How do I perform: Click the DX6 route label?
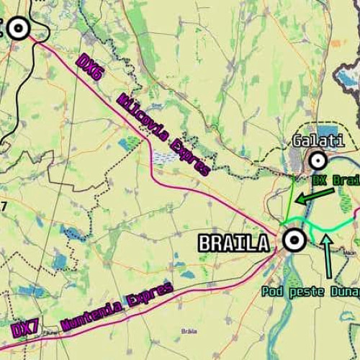[x=91, y=66]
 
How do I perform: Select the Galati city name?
[x=318, y=140]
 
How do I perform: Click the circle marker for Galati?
[x=316, y=160]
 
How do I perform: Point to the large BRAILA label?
[x=233, y=243]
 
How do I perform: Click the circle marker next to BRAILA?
[x=293, y=240]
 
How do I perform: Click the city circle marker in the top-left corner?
[x=19, y=29]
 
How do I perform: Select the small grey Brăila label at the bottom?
[x=189, y=330]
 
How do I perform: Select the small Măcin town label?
[x=350, y=253]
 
